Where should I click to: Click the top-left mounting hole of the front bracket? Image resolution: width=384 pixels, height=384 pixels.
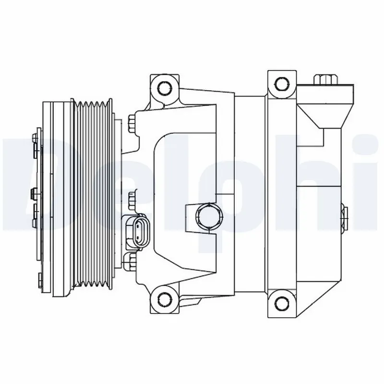[164, 87]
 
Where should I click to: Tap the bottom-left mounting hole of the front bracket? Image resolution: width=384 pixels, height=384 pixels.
[164, 297]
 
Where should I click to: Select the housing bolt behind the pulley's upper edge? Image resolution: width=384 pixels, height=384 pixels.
[132, 122]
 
